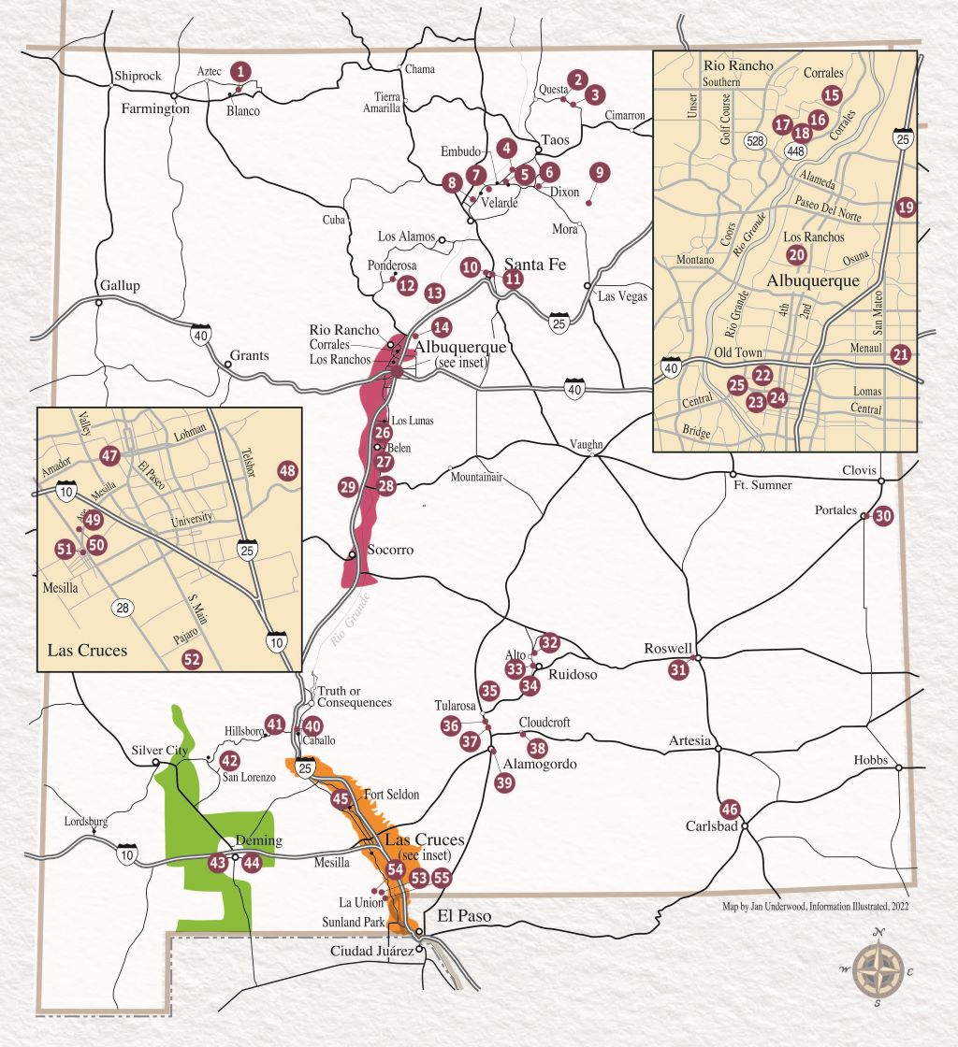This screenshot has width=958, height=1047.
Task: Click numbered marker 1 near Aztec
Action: (x=242, y=70)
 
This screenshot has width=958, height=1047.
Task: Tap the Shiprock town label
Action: (x=138, y=76)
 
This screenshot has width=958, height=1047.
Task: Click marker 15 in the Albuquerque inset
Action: (x=832, y=94)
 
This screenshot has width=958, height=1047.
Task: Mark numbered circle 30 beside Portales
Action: (x=883, y=516)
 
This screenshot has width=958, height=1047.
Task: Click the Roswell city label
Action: (x=668, y=648)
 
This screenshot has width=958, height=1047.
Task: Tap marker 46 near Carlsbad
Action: (x=730, y=810)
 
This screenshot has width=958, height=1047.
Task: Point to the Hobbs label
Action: (x=870, y=760)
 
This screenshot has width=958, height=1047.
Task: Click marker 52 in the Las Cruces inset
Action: (x=192, y=659)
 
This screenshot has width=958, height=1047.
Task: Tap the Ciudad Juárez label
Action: (x=371, y=951)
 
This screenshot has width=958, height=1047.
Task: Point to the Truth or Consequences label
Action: (x=354, y=696)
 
